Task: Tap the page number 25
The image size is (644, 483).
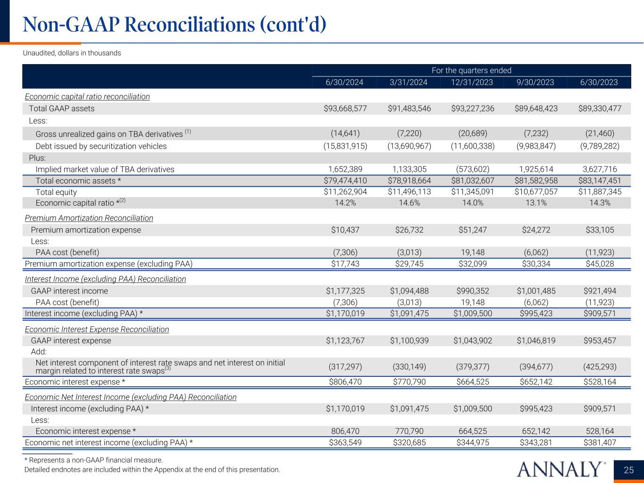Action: pyautogui.click(x=629, y=470)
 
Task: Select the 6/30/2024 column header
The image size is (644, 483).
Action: pyautogui.click(x=344, y=83)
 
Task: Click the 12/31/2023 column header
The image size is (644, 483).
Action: pyautogui.click(x=471, y=83)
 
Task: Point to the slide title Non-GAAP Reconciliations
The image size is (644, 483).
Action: pyautogui.click(x=175, y=25)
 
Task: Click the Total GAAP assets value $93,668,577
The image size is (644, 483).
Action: pyautogui.click(x=344, y=108)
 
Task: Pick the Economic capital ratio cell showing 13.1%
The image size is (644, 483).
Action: pyautogui.click(x=535, y=203)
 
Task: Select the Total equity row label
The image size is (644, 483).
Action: pyautogui.click(x=56, y=192)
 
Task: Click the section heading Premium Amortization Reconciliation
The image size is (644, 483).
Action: pyautogui.click(x=89, y=218)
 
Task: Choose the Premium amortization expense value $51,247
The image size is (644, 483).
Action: pyautogui.click(x=471, y=230)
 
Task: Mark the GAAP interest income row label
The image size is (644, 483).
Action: pyautogui.click(x=69, y=291)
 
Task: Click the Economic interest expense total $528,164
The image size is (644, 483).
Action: pyautogui.click(x=599, y=382)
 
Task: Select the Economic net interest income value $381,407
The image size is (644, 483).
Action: pyautogui.click(x=599, y=442)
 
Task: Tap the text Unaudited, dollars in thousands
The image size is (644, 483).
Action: pyautogui.click(x=72, y=53)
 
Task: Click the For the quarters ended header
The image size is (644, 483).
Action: pyautogui.click(x=471, y=70)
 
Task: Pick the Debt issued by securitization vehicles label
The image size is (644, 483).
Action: pyautogui.click(x=101, y=146)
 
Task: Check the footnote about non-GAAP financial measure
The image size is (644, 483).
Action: pyautogui.click(x=93, y=460)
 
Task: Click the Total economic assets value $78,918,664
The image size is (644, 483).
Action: pyautogui.click(x=409, y=181)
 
